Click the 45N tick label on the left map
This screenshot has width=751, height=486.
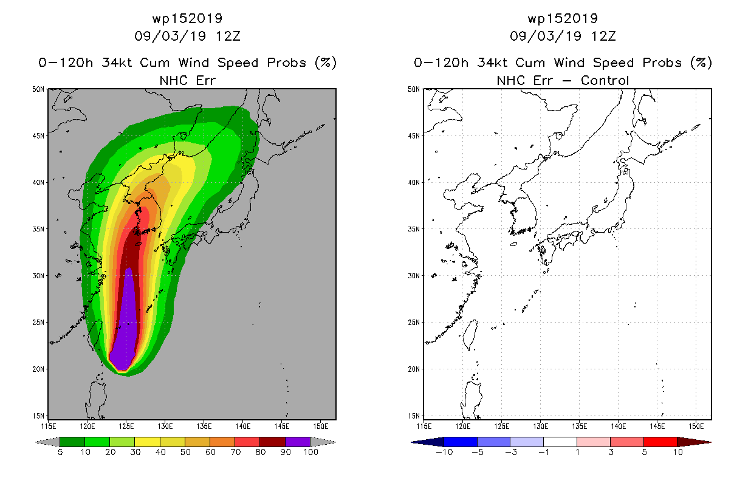click(x=38, y=136)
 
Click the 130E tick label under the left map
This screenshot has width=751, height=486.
click(x=165, y=426)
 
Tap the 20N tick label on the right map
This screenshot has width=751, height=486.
click(x=414, y=369)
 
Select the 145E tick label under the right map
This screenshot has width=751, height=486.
click(x=657, y=426)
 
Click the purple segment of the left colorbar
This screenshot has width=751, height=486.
click(x=298, y=442)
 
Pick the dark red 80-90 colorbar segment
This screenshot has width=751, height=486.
click(x=273, y=442)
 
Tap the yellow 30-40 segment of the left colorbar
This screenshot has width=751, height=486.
click(x=148, y=442)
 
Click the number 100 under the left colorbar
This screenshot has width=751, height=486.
click(x=311, y=452)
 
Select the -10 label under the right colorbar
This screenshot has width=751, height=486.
click(x=444, y=452)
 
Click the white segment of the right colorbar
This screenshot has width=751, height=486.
click(x=560, y=442)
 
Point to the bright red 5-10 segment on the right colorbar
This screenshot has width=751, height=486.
click(x=660, y=442)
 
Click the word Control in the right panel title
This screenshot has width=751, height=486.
click(x=605, y=81)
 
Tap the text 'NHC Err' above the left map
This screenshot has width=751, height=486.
click(x=188, y=81)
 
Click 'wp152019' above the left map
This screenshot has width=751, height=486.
click(x=188, y=18)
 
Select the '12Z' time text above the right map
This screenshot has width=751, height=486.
click(x=603, y=36)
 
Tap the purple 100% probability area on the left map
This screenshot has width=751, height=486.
click(x=126, y=329)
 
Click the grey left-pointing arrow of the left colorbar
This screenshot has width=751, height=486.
click(x=47, y=442)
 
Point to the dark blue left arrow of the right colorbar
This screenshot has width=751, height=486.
click(x=428, y=442)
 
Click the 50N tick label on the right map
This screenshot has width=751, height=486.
click(x=414, y=89)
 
